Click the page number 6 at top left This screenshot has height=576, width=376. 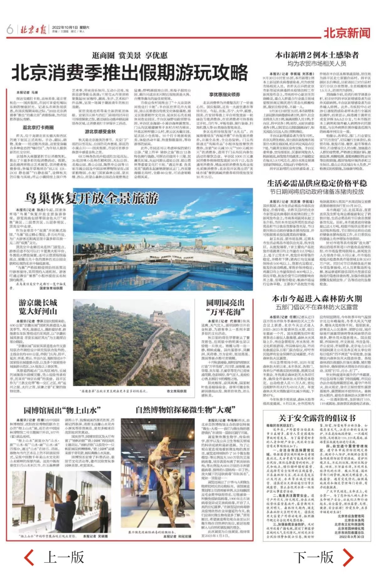pos(10,29)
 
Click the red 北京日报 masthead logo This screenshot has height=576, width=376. pos(34,30)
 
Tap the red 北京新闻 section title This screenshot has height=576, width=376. pos(347,33)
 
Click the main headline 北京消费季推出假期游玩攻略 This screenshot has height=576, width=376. pos(130,72)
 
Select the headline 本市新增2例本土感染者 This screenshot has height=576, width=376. pos(317,55)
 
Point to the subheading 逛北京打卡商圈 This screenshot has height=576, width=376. pos(38,127)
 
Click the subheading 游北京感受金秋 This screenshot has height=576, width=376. pos(100,132)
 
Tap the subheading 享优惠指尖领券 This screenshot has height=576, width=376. pos(225,94)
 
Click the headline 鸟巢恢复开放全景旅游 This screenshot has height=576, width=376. pos(92,198)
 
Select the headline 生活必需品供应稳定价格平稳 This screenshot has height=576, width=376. pos(317,183)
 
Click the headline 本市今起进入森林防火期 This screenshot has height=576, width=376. pos(317,298)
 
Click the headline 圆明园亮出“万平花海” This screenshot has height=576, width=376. pos(225,307)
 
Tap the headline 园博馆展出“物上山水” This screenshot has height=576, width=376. pos(62,410)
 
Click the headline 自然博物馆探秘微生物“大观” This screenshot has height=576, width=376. pos(185,410)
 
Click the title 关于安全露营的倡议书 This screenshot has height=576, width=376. pos(317,418)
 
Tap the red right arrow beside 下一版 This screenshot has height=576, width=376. pos(348,557)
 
